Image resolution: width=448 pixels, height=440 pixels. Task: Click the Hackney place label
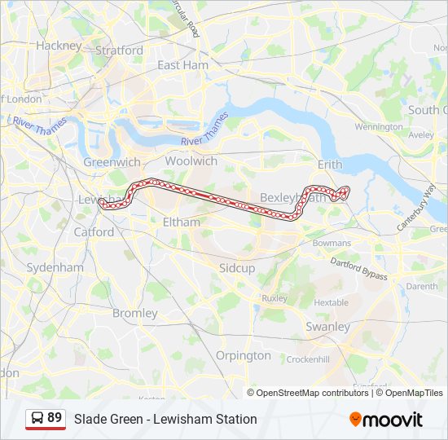(59, 46)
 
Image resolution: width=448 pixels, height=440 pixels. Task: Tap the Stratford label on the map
(119, 50)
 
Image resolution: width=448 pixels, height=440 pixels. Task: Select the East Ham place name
(182, 64)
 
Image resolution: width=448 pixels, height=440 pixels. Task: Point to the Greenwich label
(112, 162)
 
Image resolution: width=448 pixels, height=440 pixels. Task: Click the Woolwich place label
(191, 161)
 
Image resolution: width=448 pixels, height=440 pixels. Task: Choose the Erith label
(330, 165)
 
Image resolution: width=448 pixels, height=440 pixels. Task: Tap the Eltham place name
(181, 222)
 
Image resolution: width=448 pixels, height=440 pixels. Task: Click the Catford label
(94, 231)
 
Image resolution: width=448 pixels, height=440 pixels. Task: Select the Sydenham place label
(55, 267)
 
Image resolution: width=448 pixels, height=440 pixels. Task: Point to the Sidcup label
(237, 267)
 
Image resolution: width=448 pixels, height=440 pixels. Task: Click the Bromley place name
(134, 313)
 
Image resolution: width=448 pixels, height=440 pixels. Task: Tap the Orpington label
(243, 355)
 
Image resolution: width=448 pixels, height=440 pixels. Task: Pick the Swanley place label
(327, 326)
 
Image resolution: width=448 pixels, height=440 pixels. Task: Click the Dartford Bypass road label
(358, 269)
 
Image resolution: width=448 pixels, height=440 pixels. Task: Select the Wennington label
(379, 127)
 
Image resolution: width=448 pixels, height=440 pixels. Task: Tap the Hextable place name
(331, 302)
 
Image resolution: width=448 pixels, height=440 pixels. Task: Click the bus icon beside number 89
(37, 418)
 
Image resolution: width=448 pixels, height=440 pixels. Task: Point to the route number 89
(55, 418)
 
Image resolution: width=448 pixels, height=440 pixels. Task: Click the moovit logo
(386, 420)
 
